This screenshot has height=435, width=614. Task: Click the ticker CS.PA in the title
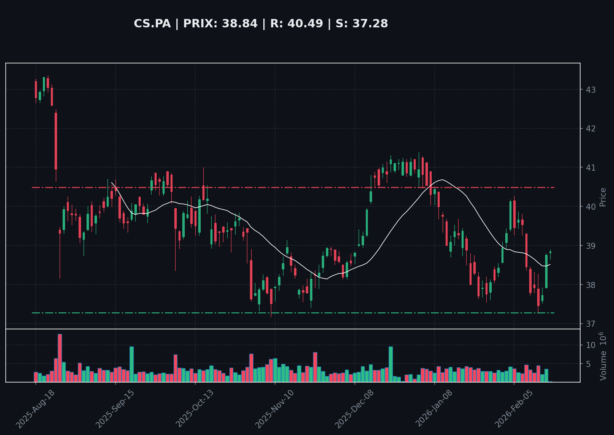tap(152, 24)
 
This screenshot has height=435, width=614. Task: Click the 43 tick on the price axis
tap(591, 90)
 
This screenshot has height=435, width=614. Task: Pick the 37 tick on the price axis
tap(591, 324)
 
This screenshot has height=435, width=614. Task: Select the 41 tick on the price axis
tap(591, 168)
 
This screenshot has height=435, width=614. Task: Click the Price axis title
tap(603, 197)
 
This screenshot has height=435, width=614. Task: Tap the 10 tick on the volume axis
tap(591, 345)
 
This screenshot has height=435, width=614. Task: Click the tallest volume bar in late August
tap(60, 358)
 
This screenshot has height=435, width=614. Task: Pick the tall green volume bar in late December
tap(391, 364)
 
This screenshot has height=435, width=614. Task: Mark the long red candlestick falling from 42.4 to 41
tap(56, 141)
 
